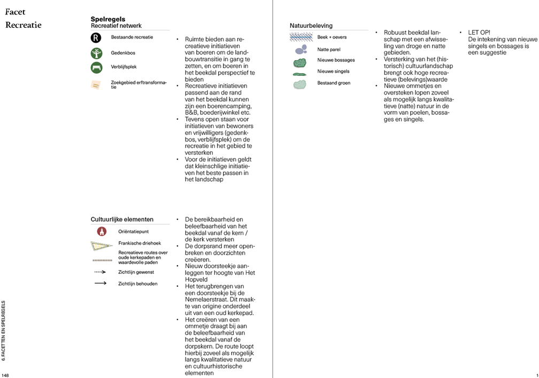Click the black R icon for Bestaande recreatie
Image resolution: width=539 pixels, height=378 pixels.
[96, 38]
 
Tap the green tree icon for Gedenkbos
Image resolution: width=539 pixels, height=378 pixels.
[96, 53]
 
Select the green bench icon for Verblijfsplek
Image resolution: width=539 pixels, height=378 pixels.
[96, 68]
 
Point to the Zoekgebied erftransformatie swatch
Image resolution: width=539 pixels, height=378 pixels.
[96, 85]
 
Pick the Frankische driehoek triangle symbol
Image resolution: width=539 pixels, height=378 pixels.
[102, 246]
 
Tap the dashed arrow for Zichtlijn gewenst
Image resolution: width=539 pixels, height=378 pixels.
[99, 272]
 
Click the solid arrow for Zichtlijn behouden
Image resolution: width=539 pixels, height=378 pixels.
[99, 283]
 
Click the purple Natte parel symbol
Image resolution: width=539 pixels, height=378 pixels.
[301, 50]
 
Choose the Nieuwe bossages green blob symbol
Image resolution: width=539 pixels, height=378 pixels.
[300, 62]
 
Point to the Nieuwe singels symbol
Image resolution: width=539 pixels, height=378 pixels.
[299, 74]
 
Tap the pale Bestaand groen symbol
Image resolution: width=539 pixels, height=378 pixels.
[300, 84]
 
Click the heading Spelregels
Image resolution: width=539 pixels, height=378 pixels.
[108, 19]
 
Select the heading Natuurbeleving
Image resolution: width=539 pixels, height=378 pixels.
[311, 26]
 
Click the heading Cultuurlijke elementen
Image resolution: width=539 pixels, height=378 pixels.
[122, 219]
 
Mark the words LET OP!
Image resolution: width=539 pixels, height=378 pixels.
[479, 33]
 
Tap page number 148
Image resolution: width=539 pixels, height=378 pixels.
[5, 375]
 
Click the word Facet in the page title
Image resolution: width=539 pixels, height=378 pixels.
[16, 12]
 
